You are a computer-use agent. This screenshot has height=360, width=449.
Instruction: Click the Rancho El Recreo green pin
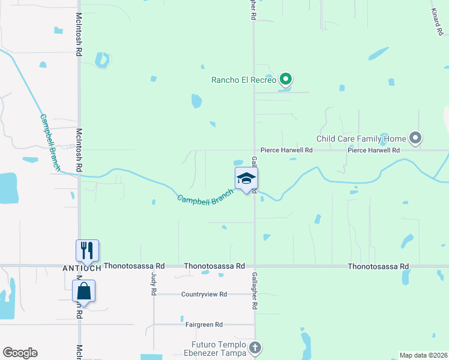(x=286, y=79)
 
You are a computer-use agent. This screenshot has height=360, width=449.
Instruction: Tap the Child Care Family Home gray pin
(x=415, y=139)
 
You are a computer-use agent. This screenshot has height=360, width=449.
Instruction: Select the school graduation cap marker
(x=246, y=179)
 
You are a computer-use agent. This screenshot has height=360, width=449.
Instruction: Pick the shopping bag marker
(x=84, y=292)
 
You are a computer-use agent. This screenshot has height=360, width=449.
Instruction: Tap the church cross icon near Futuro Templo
(x=255, y=347)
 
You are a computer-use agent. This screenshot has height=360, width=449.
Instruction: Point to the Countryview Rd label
(x=204, y=295)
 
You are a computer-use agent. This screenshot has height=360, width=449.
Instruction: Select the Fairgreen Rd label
(x=204, y=325)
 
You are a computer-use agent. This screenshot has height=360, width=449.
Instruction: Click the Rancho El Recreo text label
(x=244, y=80)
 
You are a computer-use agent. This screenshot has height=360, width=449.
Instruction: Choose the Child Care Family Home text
(x=361, y=139)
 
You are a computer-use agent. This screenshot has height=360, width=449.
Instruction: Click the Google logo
(x=20, y=353)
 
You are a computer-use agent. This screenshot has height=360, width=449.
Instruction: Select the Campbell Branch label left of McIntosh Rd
(x=50, y=142)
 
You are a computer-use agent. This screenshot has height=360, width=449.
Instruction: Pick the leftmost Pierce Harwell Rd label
(x=286, y=150)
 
